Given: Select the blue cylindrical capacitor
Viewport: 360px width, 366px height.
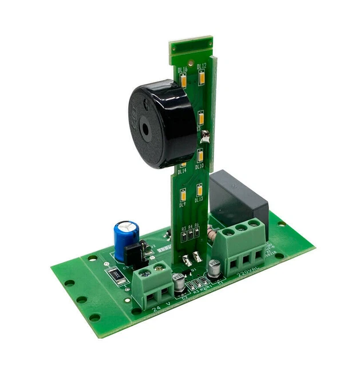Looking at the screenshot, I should (125, 238).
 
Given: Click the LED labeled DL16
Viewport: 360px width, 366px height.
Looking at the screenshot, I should (184, 81).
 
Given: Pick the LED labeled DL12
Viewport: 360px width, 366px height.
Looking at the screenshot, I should (201, 77).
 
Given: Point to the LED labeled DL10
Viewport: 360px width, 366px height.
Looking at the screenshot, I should (200, 155).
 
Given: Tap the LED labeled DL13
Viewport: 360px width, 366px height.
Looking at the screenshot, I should (199, 188).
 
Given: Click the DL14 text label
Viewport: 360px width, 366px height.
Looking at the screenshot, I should (182, 171).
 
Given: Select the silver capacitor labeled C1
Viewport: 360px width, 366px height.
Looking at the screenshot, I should (215, 267).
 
